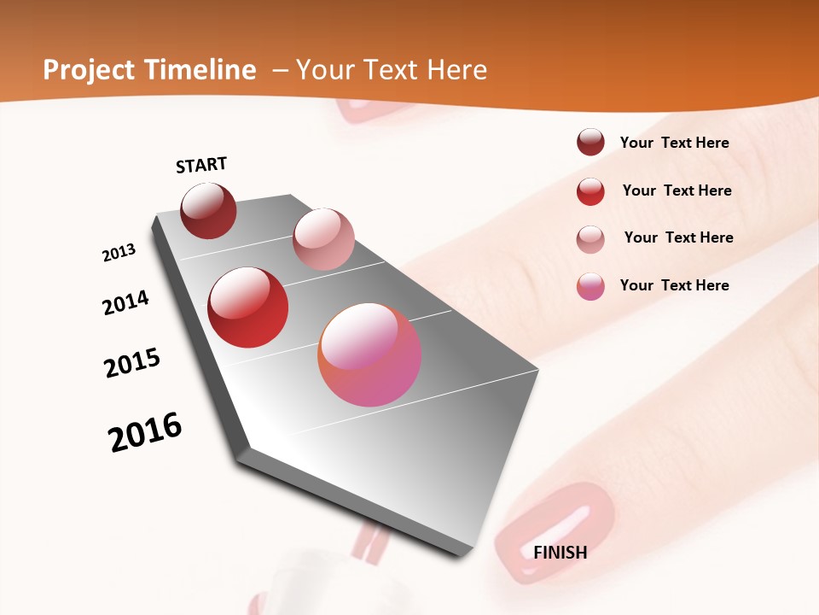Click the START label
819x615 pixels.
click(x=201, y=165)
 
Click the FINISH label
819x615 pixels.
click(x=560, y=553)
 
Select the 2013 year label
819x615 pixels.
click(x=119, y=253)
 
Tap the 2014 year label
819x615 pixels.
click(x=125, y=302)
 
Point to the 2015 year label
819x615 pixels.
click(x=132, y=363)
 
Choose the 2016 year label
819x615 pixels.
click(x=145, y=432)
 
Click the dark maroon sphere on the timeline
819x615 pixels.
click(x=208, y=210)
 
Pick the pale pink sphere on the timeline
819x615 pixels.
click(x=323, y=238)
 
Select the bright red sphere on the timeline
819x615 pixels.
click(x=248, y=307)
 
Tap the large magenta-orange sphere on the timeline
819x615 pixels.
click(x=369, y=354)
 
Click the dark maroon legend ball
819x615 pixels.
click(x=590, y=143)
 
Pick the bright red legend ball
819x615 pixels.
click(x=590, y=191)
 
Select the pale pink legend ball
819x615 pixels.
click(x=590, y=239)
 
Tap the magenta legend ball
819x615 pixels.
click(x=590, y=286)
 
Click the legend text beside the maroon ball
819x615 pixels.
click(x=674, y=143)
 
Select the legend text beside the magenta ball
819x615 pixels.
click(x=674, y=285)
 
